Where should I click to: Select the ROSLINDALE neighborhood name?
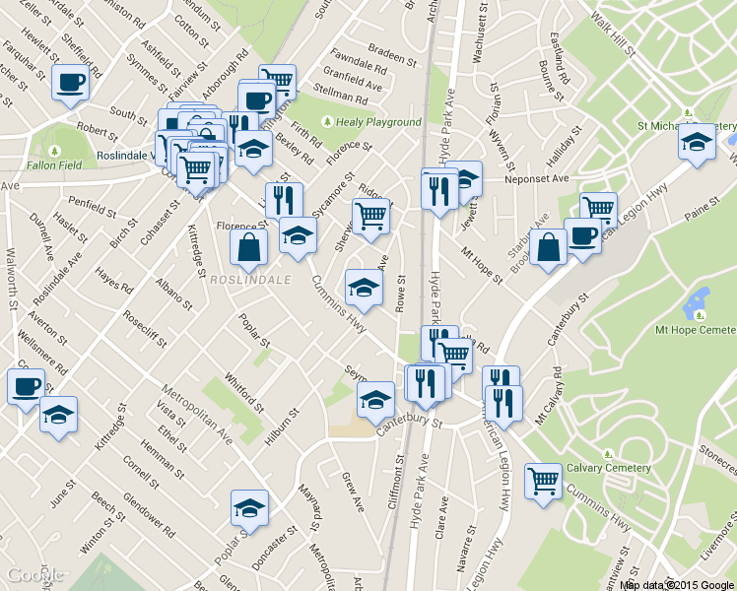[250, 280]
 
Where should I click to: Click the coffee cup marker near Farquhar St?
[70, 83]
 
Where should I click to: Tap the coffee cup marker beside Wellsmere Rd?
[26, 385]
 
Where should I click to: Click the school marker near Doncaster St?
[248, 508]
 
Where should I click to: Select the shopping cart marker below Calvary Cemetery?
[543, 481]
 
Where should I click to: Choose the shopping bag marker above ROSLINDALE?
[249, 246]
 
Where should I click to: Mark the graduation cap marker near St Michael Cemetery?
[697, 140]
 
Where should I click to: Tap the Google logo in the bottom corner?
[35, 575]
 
